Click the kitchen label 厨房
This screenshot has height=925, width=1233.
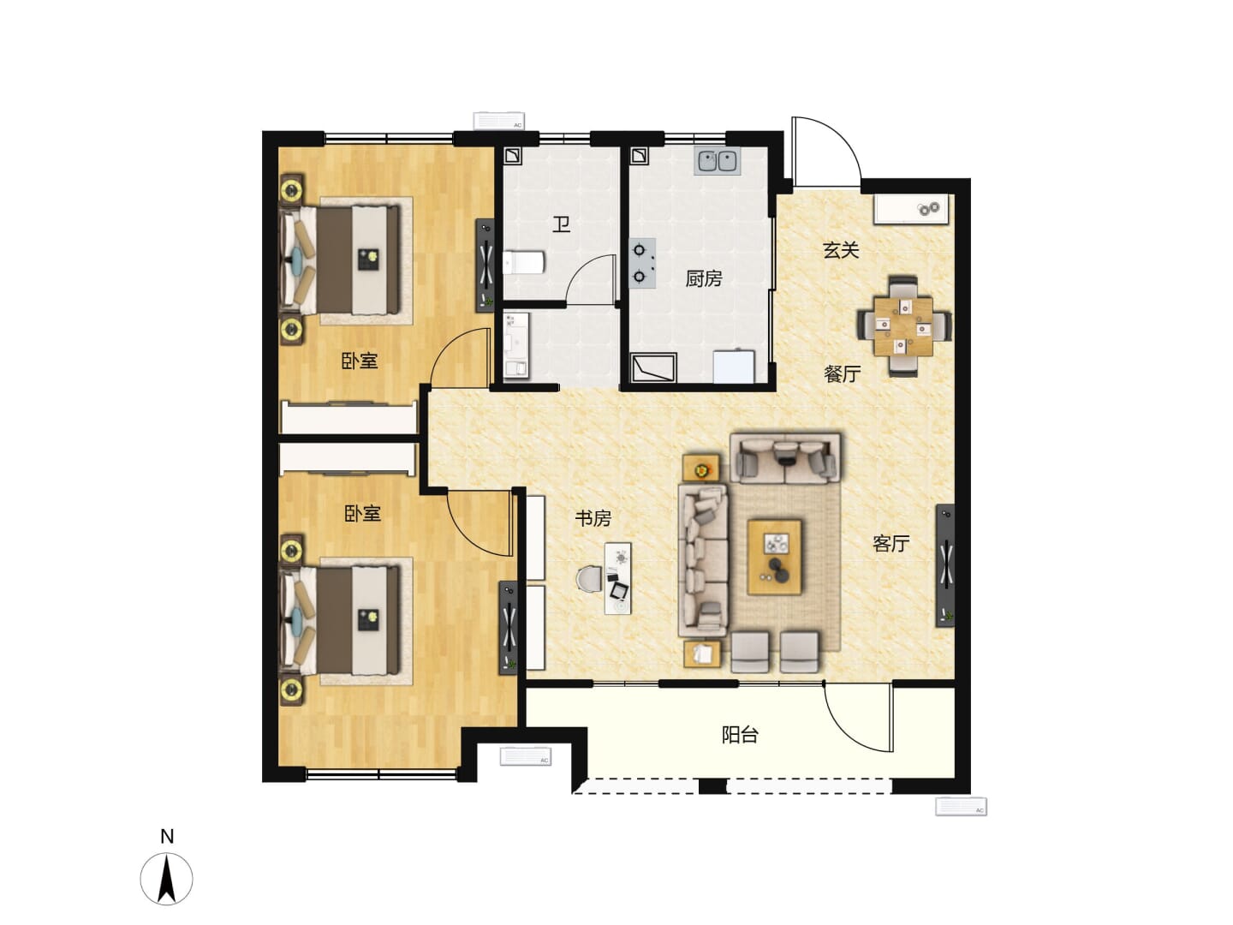[703, 278]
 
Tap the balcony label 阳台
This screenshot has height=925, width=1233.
[740, 735]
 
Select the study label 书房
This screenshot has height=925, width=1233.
[593, 518]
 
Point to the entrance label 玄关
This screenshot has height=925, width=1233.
[841, 250]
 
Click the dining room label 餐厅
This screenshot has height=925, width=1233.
[842, 373]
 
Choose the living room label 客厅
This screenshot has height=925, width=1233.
[890, 543]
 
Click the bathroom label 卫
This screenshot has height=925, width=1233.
[561, 224]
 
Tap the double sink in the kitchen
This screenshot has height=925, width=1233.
[718, 161]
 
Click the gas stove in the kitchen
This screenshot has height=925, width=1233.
[642, 263]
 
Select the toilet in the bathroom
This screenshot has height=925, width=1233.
[523, 262]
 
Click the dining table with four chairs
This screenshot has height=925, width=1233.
[903, 325]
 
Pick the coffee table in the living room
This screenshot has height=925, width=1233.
[774, 557]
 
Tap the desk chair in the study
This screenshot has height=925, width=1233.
[589, 578]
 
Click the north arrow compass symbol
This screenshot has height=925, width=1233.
[166, 879]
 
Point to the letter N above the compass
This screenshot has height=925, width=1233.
[167, 836]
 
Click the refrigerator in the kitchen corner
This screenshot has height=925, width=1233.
[734, 367]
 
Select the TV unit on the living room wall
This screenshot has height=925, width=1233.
[944, 565]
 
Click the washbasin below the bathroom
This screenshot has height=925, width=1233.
[515, 345]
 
